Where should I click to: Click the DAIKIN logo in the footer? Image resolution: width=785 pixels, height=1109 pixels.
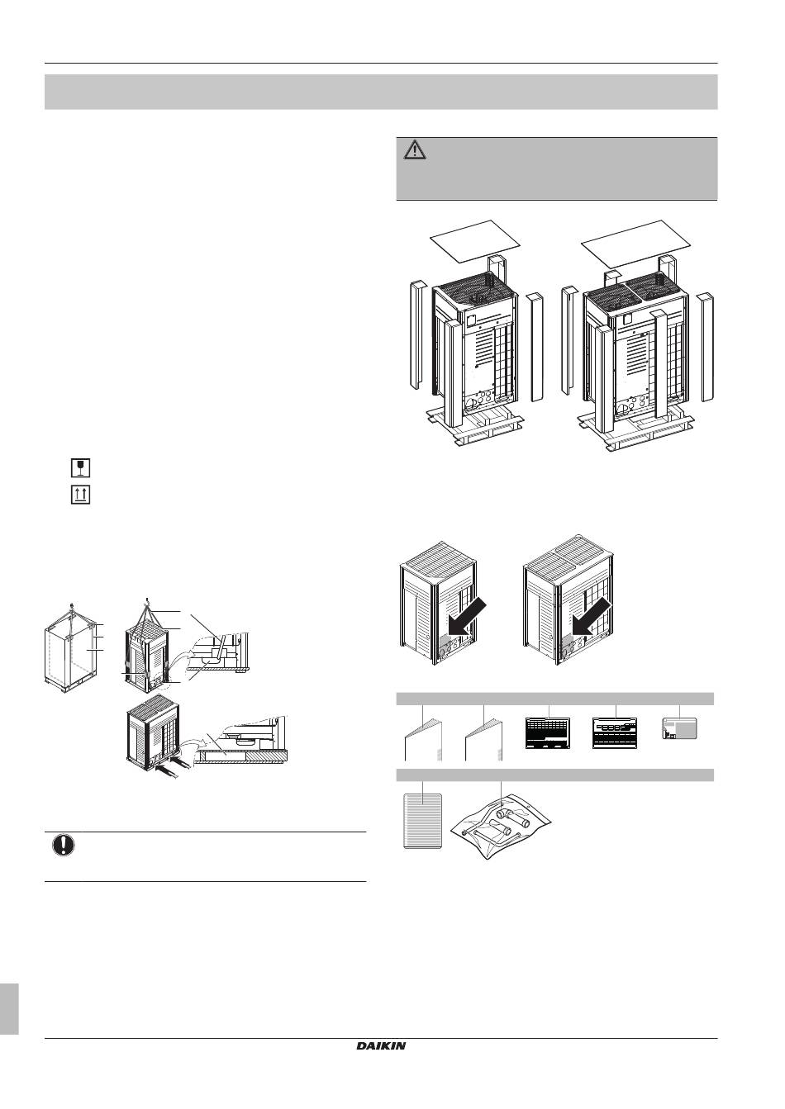tap(381, 1083)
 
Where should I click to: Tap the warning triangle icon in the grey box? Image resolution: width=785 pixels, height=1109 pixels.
tap(415, 150)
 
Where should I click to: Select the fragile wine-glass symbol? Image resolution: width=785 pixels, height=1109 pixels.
tap(80, 467)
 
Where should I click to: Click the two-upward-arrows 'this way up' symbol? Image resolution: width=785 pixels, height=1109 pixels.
tap(80, 495)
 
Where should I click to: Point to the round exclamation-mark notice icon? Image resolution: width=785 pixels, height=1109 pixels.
tap(64, 844)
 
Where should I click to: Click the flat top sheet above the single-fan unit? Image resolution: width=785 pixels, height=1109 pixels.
tap(474, 241)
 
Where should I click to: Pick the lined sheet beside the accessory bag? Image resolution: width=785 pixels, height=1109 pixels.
tap(422, 821)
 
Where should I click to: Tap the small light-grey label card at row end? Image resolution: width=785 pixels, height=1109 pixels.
tap(679, 728)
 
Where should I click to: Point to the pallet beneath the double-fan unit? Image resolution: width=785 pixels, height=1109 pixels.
tap(636, 429)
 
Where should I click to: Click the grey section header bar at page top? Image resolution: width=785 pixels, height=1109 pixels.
tap(381, 92)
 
